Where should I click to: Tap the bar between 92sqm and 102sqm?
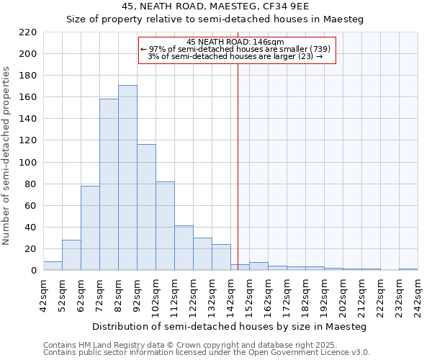tap(146, 207)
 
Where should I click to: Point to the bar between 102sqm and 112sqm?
tap(165, 226)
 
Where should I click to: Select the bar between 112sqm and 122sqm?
tap(184, 248)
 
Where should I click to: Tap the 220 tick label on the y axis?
tap(27, 32)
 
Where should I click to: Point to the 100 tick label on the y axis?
tap(27, 163)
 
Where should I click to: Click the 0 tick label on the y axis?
tap(34, 271)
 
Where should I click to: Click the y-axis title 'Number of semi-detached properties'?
tap(6, 156)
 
